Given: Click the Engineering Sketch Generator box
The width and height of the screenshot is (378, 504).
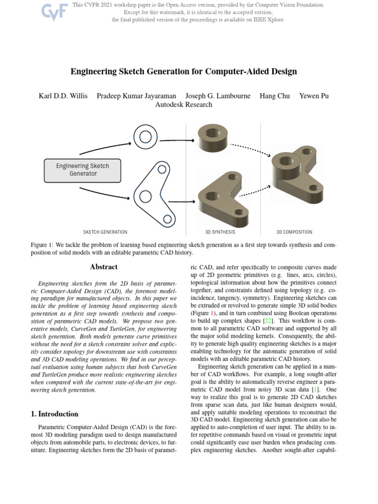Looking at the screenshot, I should coord(83,170).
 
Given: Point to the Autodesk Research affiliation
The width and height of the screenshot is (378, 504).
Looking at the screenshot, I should coord(184,104).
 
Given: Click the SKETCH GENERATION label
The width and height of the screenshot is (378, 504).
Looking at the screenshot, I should coord(105,232).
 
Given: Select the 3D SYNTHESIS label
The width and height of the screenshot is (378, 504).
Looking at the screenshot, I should coord(220,232).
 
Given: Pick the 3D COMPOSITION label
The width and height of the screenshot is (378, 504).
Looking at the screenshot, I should coord(294,232).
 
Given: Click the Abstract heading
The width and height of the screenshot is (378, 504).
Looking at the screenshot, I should coord(104,267).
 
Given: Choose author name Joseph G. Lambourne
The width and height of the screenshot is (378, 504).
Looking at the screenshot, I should coord(218,95).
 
